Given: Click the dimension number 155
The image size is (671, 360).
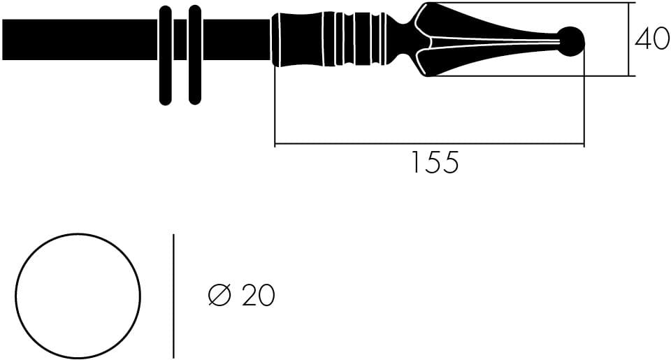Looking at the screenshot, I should coord(433,163).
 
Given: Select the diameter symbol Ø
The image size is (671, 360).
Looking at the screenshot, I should coord(219,296).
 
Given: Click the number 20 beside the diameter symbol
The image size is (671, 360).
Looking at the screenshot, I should coord(259,296).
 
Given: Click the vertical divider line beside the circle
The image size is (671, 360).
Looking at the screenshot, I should coord(173,295).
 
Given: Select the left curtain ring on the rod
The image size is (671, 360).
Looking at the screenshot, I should coord(165,55).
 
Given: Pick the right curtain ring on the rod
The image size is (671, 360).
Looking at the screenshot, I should coord(195,55).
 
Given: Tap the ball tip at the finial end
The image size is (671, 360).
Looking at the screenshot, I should coord(572,41).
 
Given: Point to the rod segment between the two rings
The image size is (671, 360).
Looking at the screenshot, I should coord(180,40).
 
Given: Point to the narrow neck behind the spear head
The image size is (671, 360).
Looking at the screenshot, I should coord(402,40).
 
